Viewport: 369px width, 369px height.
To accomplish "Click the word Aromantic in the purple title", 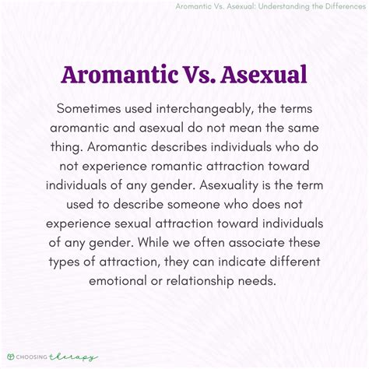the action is point(120,75).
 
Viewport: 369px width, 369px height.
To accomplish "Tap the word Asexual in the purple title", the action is point(264,75).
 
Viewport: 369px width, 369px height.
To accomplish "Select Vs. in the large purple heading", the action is point(199,75).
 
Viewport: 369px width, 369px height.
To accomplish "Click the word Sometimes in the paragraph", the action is point(89,108).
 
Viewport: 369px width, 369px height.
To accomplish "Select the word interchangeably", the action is point(205,109).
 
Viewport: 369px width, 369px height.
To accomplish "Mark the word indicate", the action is point(242,262).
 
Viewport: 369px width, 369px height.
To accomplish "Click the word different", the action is point(295,262).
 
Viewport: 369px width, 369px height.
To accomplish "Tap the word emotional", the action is point(118,281).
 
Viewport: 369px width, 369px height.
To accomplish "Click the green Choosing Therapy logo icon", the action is point(11,357).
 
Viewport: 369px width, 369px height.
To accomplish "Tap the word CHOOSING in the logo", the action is point(32,357).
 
